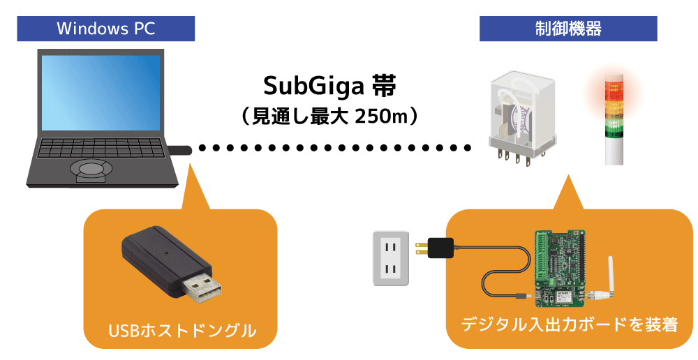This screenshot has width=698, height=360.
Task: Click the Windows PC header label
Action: pyautogui.click(x=106, y=29)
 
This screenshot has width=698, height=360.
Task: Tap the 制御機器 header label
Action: pyautogui.click(x=568, y=29)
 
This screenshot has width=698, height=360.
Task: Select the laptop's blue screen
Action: pyautogui.click(x=101, y=93)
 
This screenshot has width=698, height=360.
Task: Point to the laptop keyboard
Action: pyautogui.click(x=100, y=148)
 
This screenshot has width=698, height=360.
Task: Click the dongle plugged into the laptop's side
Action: pyautogui.click(x=180, y=150)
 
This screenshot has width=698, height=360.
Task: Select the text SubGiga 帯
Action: pyautogui.click(x=330, y=87)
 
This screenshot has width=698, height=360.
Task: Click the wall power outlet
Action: pyautogui.click(x=391, y=258)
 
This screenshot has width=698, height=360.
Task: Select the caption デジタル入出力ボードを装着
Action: pyautogui.click(x=570, y=324)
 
